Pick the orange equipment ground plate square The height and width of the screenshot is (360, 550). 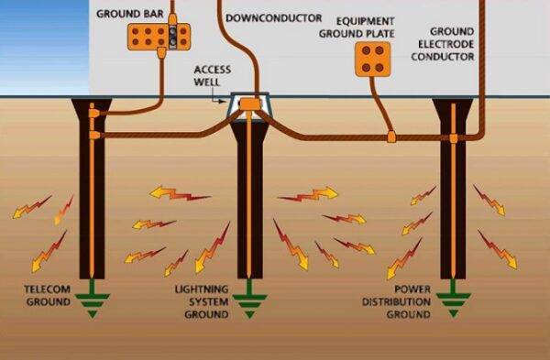[x=373, y=60]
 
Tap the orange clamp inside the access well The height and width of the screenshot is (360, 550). [x=249, y=108]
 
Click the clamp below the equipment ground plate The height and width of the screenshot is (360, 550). [x=390, y=137]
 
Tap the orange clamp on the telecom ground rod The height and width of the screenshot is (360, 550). [x=93, y=136]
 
